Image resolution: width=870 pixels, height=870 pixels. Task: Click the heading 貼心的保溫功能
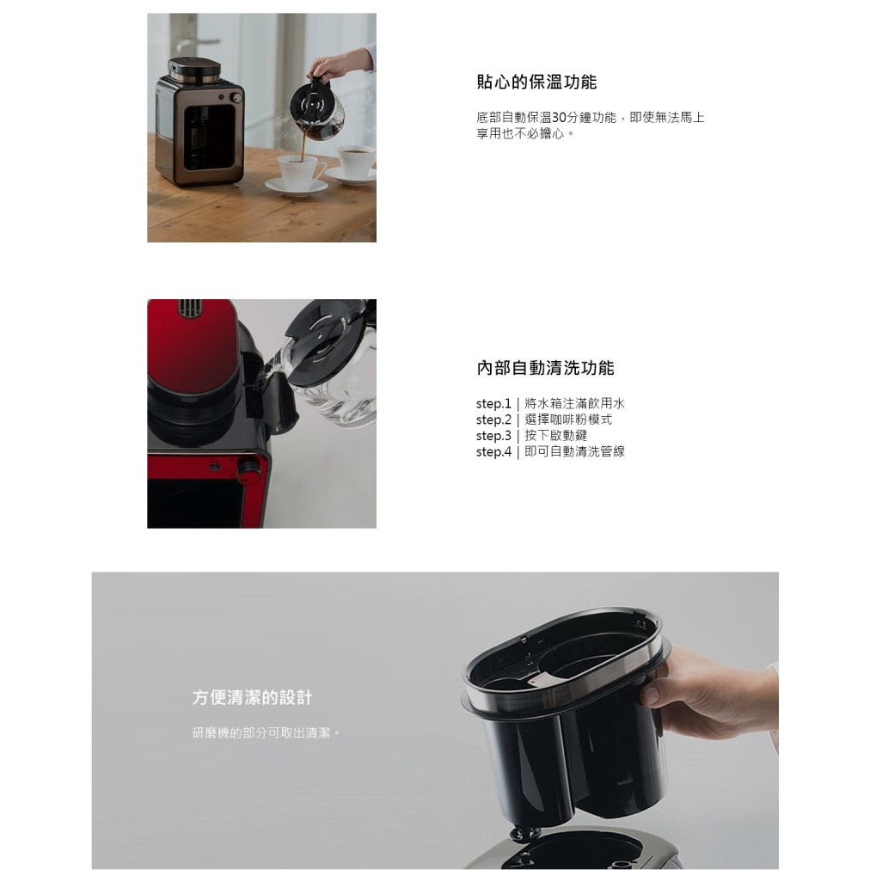click(x=536, y=83)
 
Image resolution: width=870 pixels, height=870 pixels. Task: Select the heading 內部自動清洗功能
click(x=545, y=369)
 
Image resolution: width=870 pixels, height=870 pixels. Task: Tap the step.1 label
click(x=493, y=403)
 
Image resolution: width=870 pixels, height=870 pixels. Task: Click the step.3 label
click(x=493, y=436)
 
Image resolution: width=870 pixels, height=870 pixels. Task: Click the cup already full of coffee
click(x=356, y=160)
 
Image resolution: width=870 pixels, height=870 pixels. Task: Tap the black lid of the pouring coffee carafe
click(x=315, y=95)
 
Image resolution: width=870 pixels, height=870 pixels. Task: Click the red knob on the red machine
click(x=249, y=469)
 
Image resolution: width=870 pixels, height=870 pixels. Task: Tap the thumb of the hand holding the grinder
click(x=650, y=695)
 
